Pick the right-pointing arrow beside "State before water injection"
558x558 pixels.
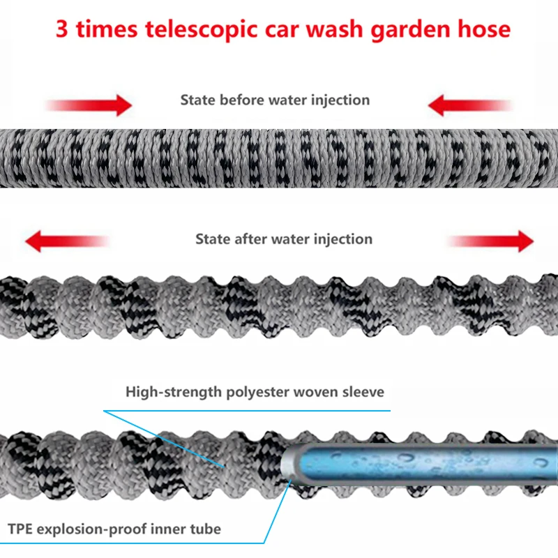tap(91, 105)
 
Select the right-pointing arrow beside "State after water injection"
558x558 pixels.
tap(492, 242)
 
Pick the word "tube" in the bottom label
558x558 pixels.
tap(205, 529)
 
